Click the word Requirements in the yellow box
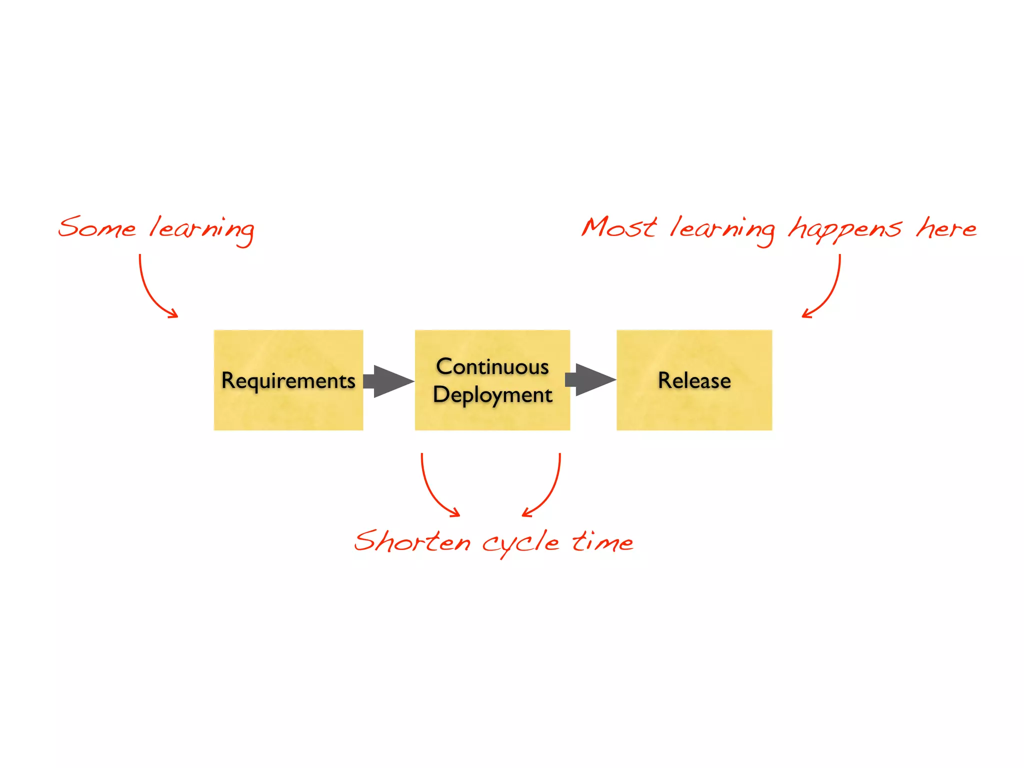click(x=288, y=381)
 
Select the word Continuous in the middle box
click(x=492, y=367)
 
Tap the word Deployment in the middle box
click(x=492, y=395)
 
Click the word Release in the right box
click(x=694, y=380)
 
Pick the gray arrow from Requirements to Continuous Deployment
click(x=389, y=381)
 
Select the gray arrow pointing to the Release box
click(x=591, y=380)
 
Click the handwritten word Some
click(x=97, y=228)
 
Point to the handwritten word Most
click(x=619, y=227)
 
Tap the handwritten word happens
click(x=845, y=229)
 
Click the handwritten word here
click(x=946, y=228)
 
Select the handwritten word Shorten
click(x=412, y=542)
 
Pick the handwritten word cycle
click(x=520, y=544)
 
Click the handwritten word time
click(x=602, y=541)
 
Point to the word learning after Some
click(x=202, y=230)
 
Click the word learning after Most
click(x=722, y=230)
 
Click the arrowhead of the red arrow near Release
click(x=806, y=314)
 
